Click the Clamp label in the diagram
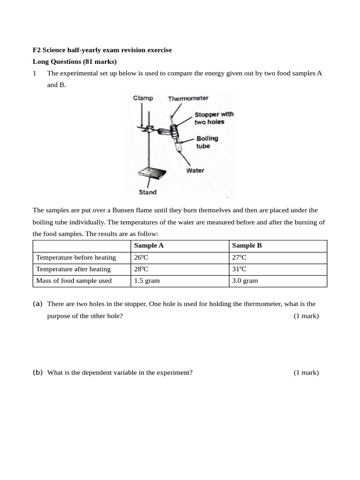pyautogui.click(x=142, y=98)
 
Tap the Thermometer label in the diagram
pyautogui.click(x=188, y=98)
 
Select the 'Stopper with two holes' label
pyautogui.click(x=214, y=118)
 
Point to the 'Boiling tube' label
pyautogui.click(x=207, y=142)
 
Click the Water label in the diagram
pyautogui.click(x=195, y=170)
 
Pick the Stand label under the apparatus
pyautogui.click(x=148, y=192)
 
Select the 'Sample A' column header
pyautogui.click(x=149, y=246)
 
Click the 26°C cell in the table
pyautogui.click(x=141, y=257)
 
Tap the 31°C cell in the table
pyautogui.click(x=239, y=269)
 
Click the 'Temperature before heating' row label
pyautogui.click(x=75, y=257)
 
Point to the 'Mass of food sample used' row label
pyautogui.click(x=74, y=281)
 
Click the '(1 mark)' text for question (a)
pyautogui.click(x=306, y=316)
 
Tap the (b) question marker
pyautogui.click(x=37, y=373)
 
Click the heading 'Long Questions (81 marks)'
pyautogui.click(x=75, y=61)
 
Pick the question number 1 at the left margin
pyautogui.click(x=34, y=73)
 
